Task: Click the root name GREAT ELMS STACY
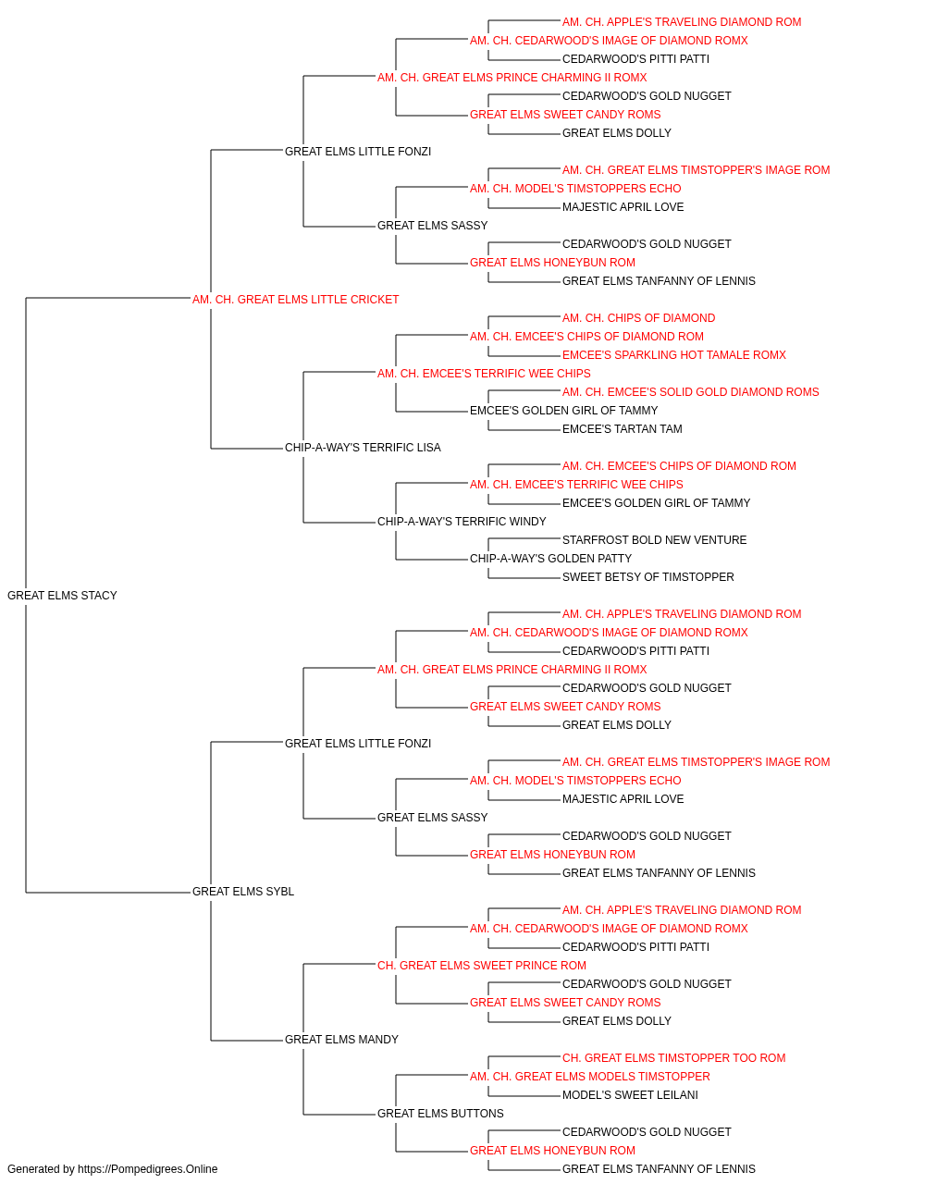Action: coord(62,595)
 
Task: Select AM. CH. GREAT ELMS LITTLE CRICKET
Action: coord(295,299)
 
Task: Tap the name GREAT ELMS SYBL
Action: coord(243,891)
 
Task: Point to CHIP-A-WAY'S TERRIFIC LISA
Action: coord(363,448)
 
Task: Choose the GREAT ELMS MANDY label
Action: coord(341,1039)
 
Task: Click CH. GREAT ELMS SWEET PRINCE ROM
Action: coord(482,965)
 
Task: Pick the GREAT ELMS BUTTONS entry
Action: coord(440,1113)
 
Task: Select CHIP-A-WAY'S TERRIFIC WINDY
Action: coord(462,522)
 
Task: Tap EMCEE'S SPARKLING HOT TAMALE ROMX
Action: coord(674,354)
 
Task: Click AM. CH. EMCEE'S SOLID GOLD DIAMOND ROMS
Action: coord(690,392)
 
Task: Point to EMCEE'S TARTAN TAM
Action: coord(623,429)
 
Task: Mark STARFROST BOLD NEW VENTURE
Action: coord(654,540)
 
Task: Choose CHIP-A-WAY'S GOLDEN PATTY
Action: coord(550,559)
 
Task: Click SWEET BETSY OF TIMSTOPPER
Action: coord(647,577)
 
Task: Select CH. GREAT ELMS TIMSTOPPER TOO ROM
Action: coord(674,1057)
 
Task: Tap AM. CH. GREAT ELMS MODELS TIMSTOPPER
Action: coord(590,1076)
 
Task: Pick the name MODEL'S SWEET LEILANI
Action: coord(630,1094)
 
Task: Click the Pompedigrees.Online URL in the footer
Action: coord(148,1169)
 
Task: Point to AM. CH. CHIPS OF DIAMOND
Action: coord(638,317)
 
